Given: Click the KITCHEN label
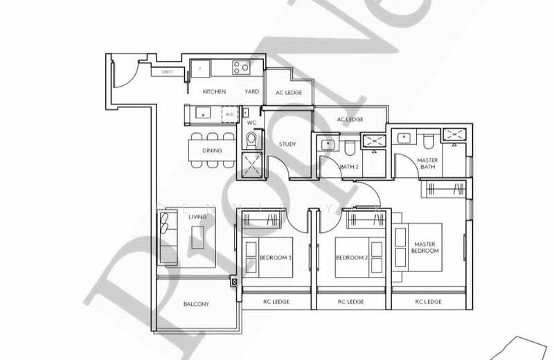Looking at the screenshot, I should click(x=214, y=91).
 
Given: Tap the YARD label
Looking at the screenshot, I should click(x=251, y=91).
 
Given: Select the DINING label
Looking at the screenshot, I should click(x=212, y=150).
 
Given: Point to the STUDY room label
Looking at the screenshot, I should click(x=287, y=144).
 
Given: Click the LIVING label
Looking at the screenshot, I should click(x=197, y=217).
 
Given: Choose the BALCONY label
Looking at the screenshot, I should click(x=197, y=304).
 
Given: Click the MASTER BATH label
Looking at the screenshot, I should click(x=427, y=163).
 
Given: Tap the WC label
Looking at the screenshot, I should click(x=251, y=123).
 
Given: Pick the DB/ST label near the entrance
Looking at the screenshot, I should click(x=168, y=71).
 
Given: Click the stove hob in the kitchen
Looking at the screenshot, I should click(x=240, y=68).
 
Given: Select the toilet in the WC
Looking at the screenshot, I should click(x=250, y=140).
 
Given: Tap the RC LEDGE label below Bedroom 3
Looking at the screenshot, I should click(x=275, y=302).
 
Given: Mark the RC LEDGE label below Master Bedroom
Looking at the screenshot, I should click(x=429, y=302).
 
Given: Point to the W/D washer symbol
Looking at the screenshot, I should click(x=229, y=114).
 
